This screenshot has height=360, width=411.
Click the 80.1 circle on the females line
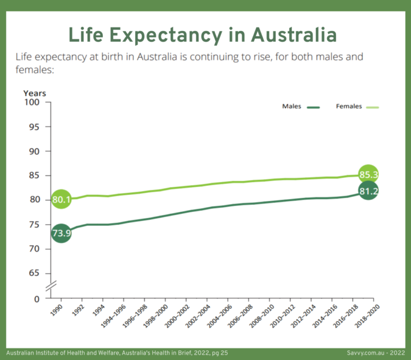click(61, 200)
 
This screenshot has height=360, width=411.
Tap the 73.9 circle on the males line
click(61, 234)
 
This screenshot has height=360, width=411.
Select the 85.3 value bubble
click(368, 174)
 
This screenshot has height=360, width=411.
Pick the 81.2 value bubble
click(368, 191)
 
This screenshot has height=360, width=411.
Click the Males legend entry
click(301, 107)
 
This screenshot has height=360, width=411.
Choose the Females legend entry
click(357, 107)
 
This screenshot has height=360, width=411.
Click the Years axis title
click(35, 93)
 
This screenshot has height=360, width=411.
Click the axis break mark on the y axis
click(50, 285)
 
